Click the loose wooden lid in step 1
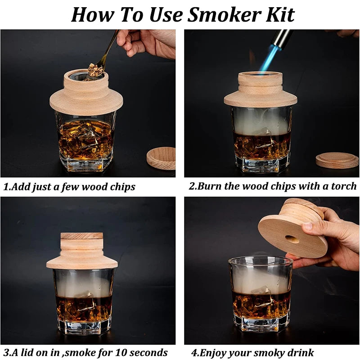click(161, 158)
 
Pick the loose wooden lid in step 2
click(337, 160)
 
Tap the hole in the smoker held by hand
click(292, 239)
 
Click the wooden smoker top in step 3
click(82, 252)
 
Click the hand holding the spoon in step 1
click(148, 43)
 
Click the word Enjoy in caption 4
click(214, 352)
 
